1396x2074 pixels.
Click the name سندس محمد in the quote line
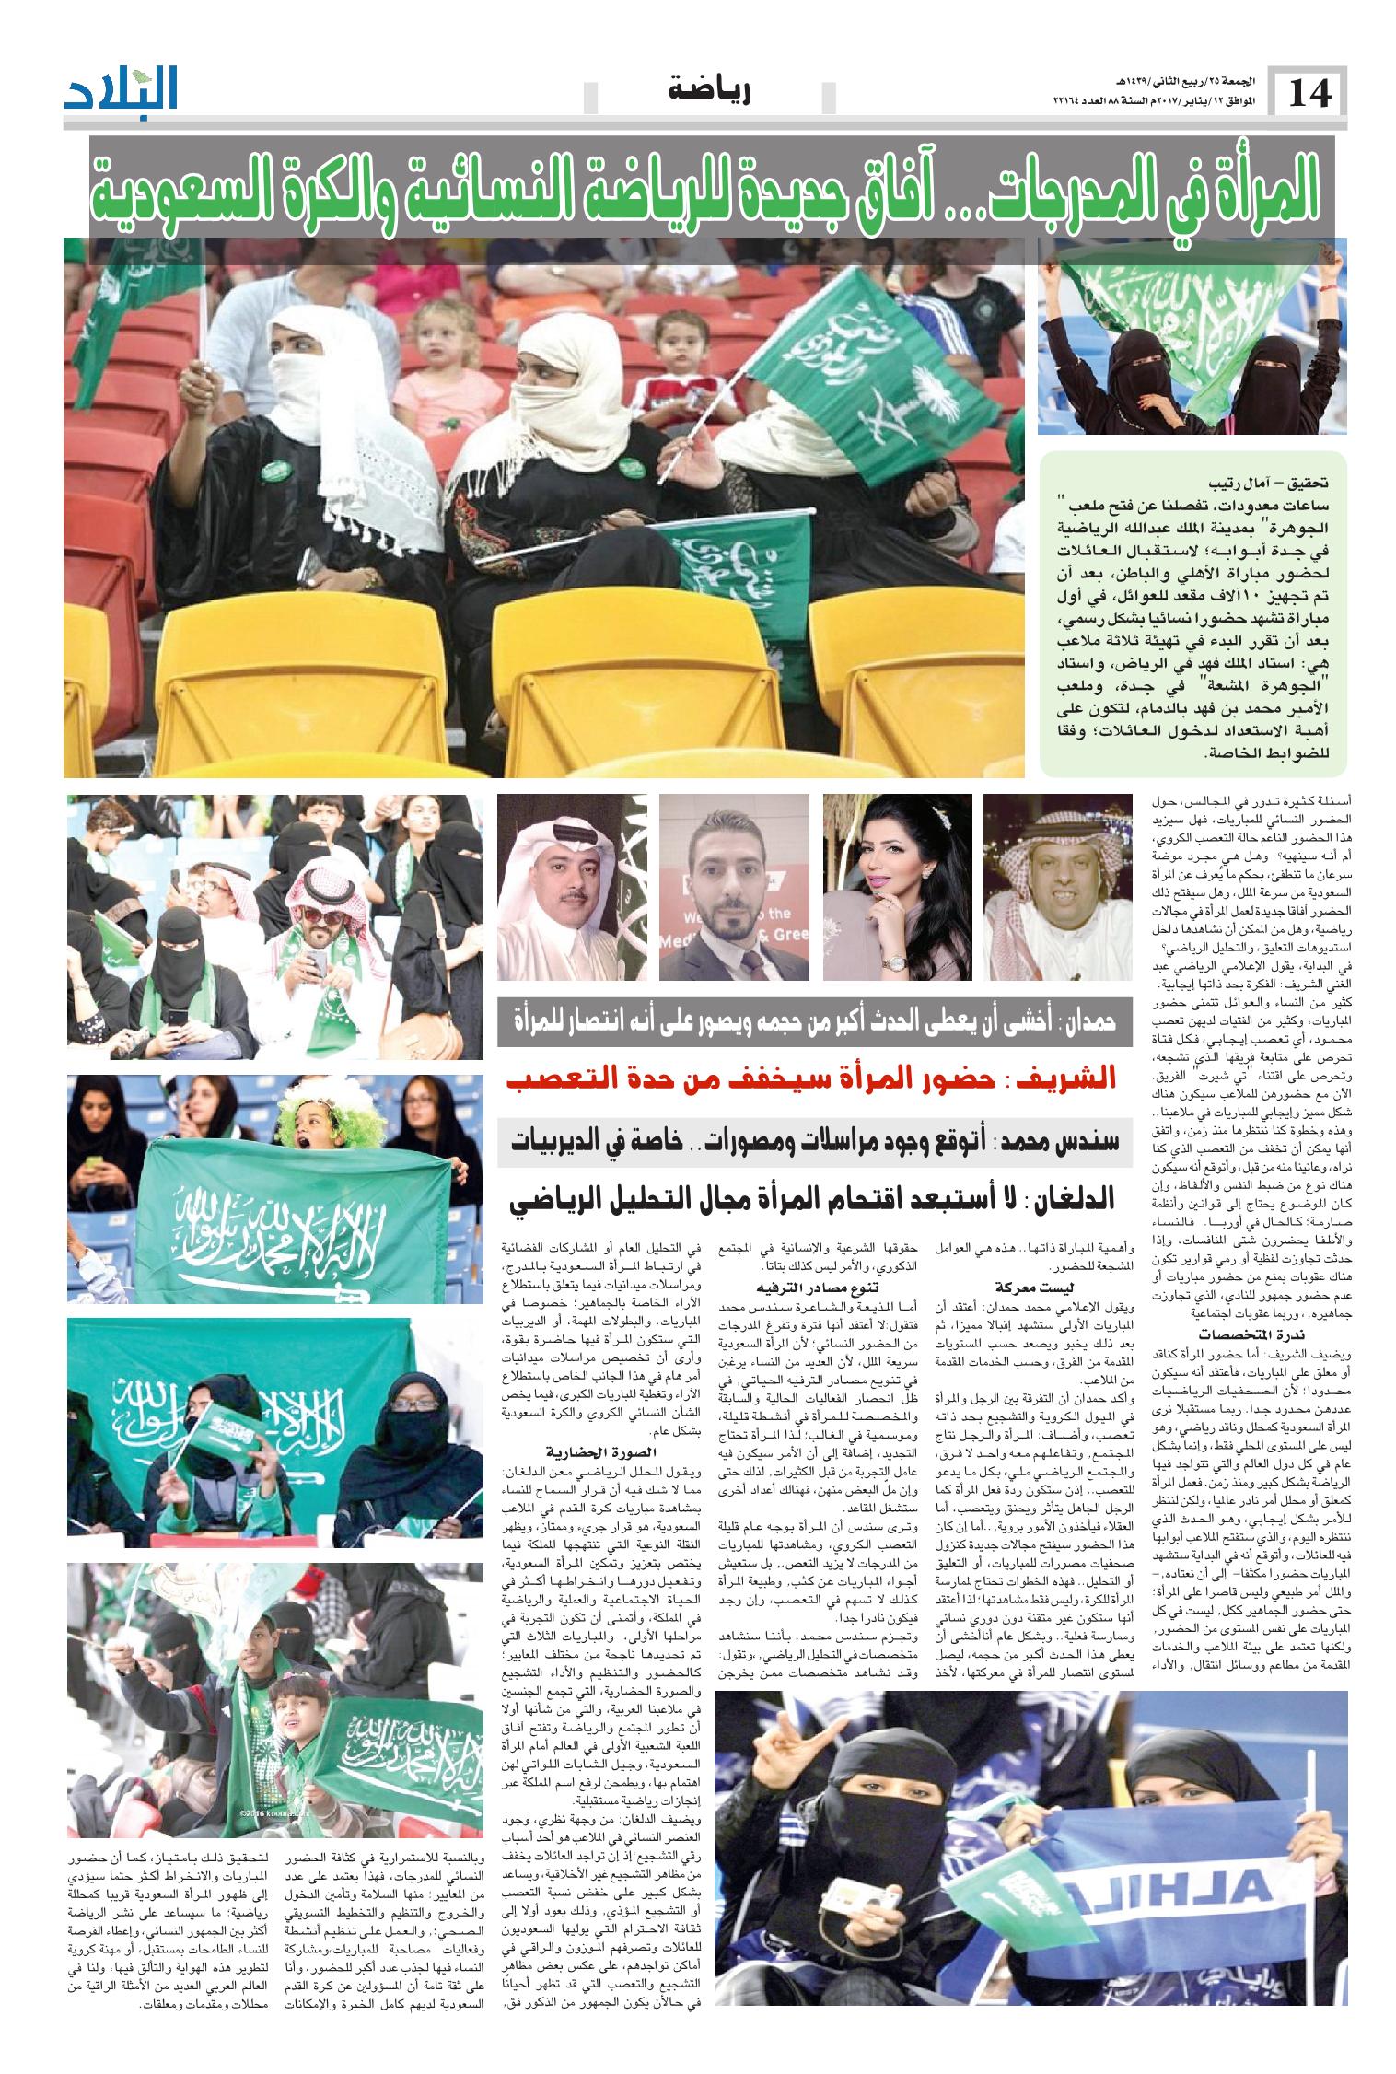click(1059, 1139)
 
